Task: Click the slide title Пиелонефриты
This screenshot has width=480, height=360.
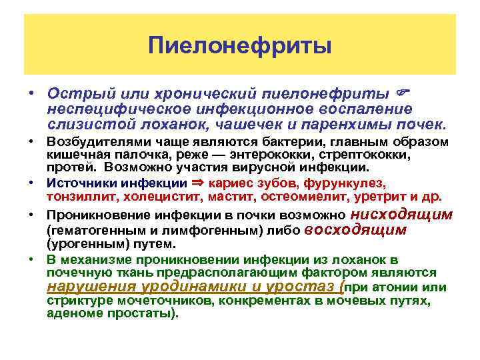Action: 239,46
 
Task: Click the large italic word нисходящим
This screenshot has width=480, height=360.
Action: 401,215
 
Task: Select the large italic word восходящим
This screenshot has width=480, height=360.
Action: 355,230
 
